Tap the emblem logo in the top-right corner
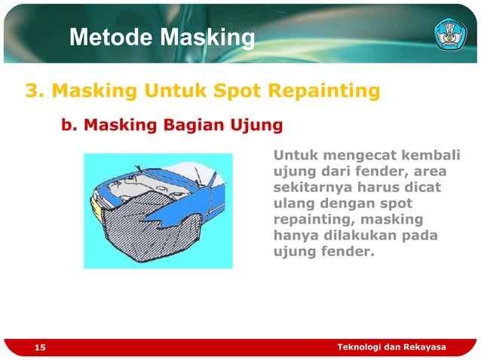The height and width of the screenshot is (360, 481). tap(450, 35)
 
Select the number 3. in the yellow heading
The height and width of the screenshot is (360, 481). tap(35, 92)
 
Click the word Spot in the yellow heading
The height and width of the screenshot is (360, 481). tap(251, 92)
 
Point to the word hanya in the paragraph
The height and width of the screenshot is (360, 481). tap(294, 236)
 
